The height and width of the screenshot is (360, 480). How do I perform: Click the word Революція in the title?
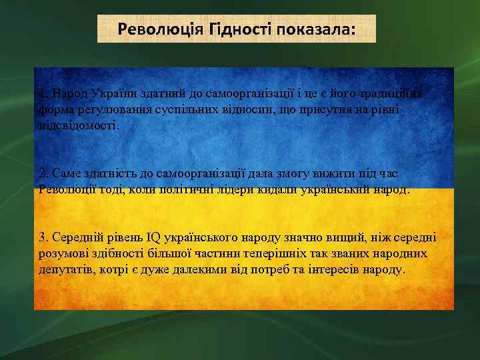click(152, 29)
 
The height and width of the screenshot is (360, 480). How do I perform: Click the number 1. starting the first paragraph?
click(43, 93)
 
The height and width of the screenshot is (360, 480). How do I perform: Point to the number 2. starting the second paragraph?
click(43, 173)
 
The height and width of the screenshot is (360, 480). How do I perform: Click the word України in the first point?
click(115, 93)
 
